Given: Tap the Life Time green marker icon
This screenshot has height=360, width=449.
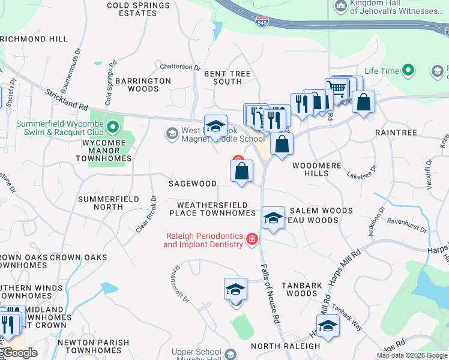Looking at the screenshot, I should pyautogui.click(x=409, y=70).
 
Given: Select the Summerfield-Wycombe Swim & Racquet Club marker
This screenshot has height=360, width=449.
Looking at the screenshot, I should pyautogui.click(x=112, y=127).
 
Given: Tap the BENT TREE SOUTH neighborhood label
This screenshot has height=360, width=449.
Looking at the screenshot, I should pyautogui.click(x=228, y=77).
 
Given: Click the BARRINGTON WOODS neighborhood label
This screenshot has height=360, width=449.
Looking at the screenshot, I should pyautogui.click(x=143, y=85).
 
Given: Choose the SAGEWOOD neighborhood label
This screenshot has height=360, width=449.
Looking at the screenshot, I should pyautogui.click(x=192, y=184).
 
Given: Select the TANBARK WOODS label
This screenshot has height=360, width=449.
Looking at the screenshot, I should pyautogui.click(x=301, y=289).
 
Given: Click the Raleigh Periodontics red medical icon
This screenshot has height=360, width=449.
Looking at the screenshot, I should pyautogui.click(x=251, y=240).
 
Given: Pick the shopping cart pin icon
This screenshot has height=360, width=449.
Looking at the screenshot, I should pyautogui.click(x=337, y=89).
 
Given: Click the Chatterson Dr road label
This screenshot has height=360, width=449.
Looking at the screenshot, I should pyautogui.click(x=179, y=67).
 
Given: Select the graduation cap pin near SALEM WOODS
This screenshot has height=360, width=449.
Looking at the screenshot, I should pyautogui.click(x=273, y=218).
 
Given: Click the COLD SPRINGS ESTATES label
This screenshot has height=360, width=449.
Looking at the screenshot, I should pyautogui.click(x=138, y=10).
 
